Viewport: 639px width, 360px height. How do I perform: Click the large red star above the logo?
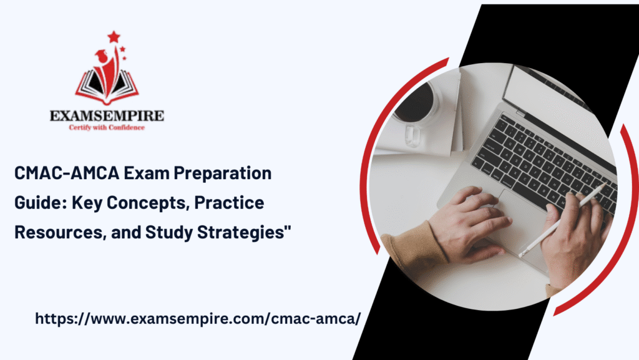114,37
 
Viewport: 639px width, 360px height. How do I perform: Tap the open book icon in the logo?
107,85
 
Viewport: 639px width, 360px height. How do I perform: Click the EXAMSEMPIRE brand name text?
107,115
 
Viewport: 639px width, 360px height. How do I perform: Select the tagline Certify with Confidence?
107,127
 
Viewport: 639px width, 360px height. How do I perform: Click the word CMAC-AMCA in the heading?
67,173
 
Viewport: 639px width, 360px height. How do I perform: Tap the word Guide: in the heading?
41,202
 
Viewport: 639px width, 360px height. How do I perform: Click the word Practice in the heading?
229,202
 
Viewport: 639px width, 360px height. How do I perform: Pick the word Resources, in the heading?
61,232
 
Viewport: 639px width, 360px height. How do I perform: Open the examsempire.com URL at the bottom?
198,318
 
